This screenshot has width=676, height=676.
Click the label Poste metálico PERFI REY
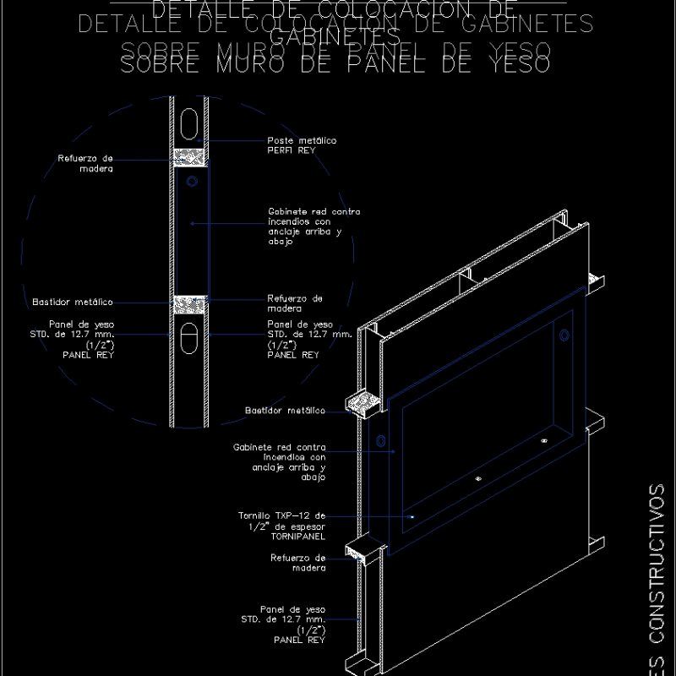pyautogui.click(x=302, y=145)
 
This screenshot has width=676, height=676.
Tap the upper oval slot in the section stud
pyautogui.click(x=189, y=122)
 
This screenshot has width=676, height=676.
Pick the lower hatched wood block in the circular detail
pyautogui.click(x=189, y=303)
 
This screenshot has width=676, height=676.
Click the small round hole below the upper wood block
pyautogui.click(x=193, y=182)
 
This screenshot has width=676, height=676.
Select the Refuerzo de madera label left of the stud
pyautogui.click(x=85, y=163)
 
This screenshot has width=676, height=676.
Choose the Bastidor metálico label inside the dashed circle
pyautogui.click(x=73, y=302)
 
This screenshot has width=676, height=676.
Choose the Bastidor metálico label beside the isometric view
pyautogui.click(x=285, y=411)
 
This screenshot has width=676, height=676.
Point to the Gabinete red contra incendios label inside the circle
pyautogui.click(x=314, y=226)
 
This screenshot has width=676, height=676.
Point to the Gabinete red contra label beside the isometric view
pyautogui.click(x=279, y=461)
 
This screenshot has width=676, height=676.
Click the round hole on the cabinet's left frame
pyautogui.click(x=380, y=441)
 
